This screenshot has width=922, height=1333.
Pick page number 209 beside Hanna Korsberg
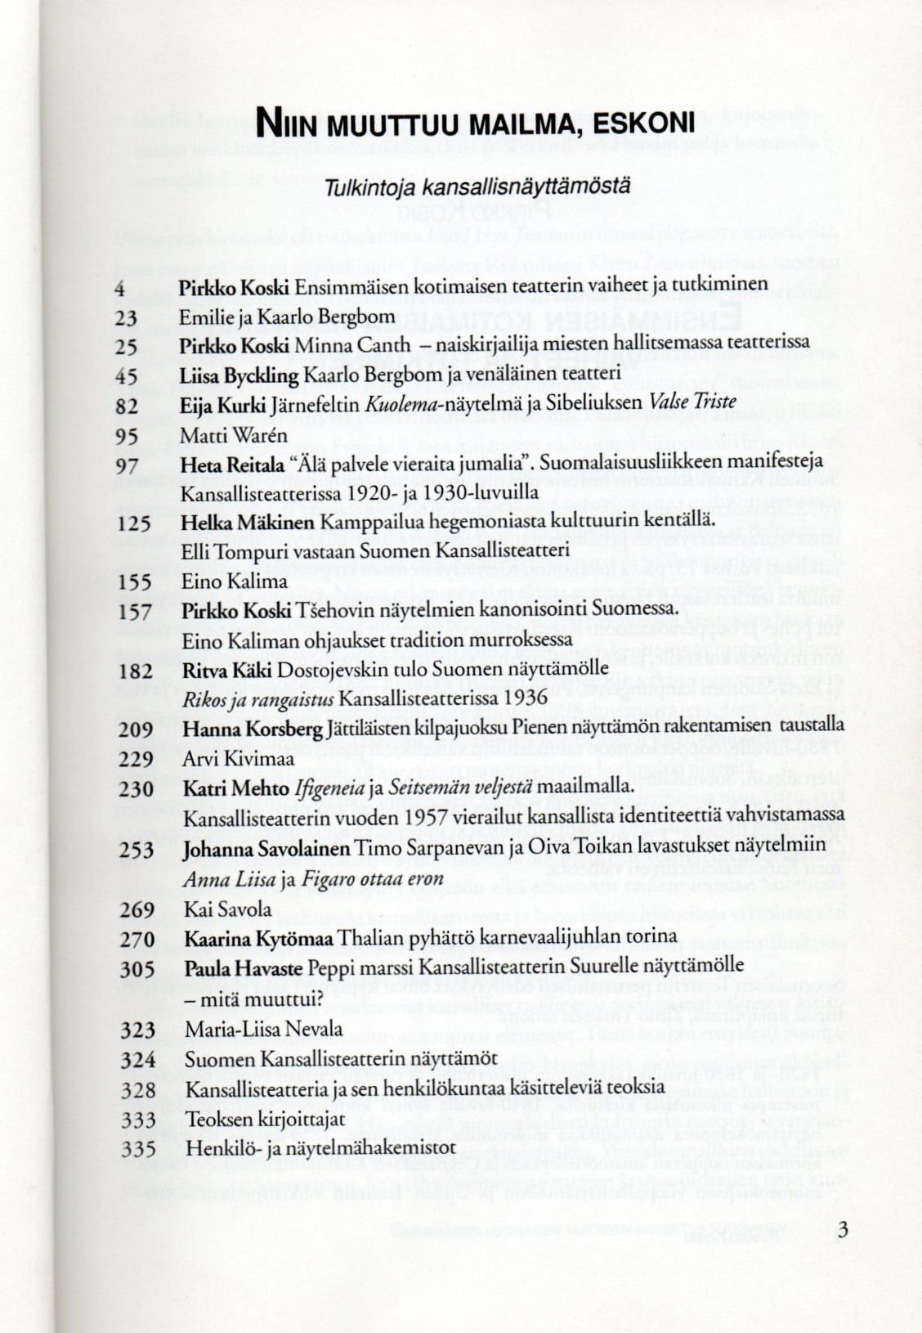coord(137,729)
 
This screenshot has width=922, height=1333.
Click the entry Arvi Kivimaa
coord(238,760)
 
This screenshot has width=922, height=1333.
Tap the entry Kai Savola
coord(227,910)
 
